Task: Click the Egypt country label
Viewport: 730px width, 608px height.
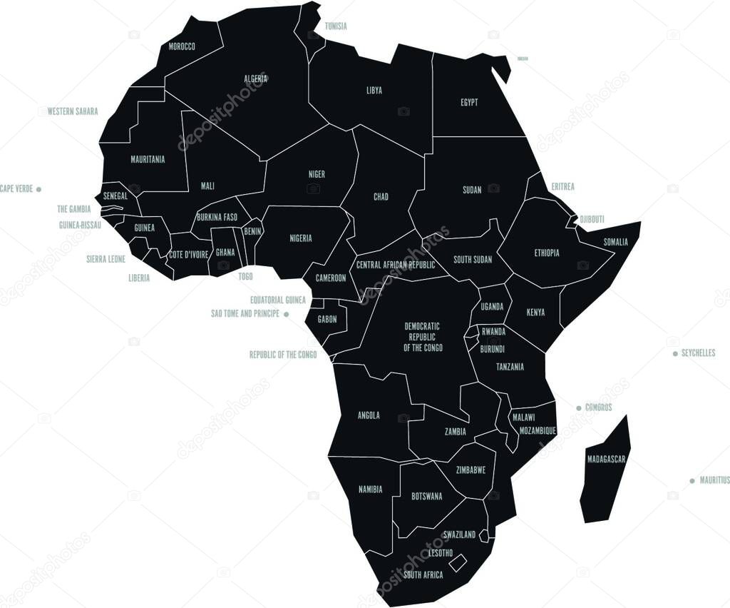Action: [x=469, y=103]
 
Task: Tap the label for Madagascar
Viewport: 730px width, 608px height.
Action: [x=606, y=459]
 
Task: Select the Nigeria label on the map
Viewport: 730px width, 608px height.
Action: [x=301, y=238]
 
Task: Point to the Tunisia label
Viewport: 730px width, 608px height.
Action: [x=336, y=26]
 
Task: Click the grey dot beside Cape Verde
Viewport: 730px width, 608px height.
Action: [x=38, y=189]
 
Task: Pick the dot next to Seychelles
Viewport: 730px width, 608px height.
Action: [x=675, y=353]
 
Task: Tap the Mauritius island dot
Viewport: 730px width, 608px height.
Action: [x=692, y=481]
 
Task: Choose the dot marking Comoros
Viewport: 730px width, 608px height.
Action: [x=579, y=408]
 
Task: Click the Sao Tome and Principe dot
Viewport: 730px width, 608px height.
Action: [x=287, y=314]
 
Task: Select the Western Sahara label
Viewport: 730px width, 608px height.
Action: [x=73, y=111]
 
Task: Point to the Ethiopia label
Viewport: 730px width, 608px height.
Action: [x=547, y=253]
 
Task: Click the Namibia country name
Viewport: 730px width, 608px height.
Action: [x=370, y=490]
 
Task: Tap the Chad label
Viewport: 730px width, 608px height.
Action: [x=381, y=197]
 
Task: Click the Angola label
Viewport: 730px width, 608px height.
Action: [x=369, y=415]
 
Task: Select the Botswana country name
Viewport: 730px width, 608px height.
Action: [x=427, y=496]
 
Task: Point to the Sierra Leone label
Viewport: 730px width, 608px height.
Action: [x=106, y=259]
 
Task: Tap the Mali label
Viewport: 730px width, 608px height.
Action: [x=207, y=186]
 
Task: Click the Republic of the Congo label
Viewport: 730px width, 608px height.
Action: [x=283, y=355]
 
